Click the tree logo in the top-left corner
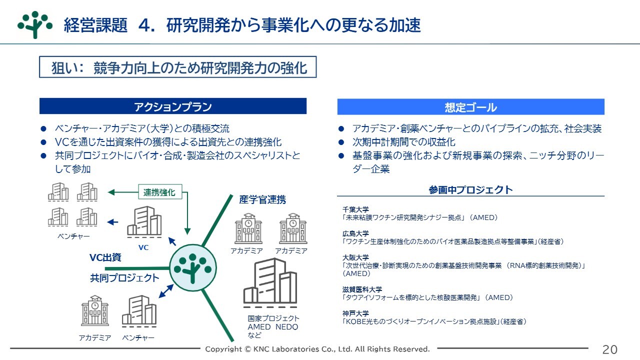click(35, 24)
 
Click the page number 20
click(609, 349)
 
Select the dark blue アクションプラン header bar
click(173, 106)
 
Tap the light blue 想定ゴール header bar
click(471, 107)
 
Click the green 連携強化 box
click(160, 192)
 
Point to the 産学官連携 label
click(262, 199)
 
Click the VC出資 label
click(105, 257)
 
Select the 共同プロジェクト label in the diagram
click(124, 277)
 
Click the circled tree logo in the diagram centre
click(193, 268)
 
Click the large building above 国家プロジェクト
click(270, 282)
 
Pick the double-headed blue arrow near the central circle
click(166, 291)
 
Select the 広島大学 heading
click(355, 233)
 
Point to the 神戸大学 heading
click(355, 313)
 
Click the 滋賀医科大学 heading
click(362, 289)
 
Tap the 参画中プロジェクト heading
click(471, 189)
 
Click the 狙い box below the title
click(177, 67)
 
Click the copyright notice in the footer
click(317, 349)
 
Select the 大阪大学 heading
click(355, 257)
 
